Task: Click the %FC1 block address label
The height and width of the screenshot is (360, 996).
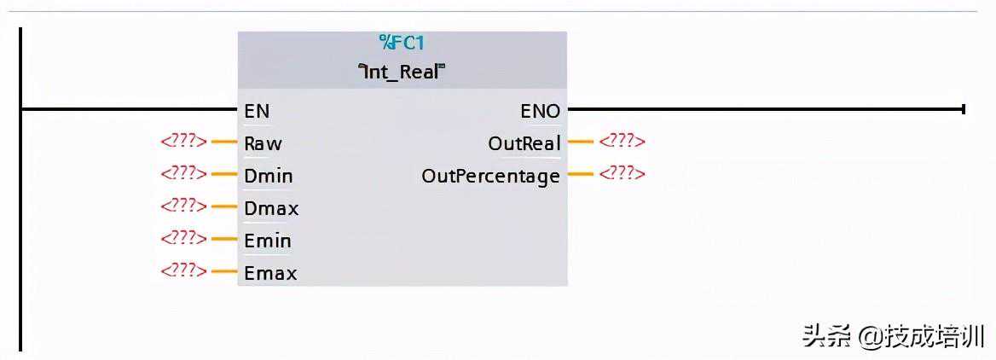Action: coord(402,44)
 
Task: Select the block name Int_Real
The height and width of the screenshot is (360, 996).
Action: coord(402,72)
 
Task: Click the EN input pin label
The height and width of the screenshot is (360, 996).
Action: coord(257,111)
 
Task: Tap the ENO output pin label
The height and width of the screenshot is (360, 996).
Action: coord(541,111)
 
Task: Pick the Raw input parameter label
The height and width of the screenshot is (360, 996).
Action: coord(263,143)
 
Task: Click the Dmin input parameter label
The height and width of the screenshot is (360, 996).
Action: coord(268,176)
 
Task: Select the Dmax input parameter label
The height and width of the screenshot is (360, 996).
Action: coord(271,208)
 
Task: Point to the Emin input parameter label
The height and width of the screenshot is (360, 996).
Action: coord(268,241)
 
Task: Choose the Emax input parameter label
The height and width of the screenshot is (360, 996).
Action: coord(270,273)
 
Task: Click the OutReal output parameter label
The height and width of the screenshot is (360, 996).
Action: coord(524,143)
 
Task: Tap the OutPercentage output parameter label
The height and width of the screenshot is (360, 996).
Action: coord(491,176)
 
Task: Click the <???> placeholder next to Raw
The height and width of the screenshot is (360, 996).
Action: coord(183,142)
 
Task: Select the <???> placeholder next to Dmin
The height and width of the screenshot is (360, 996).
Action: coord(183,174)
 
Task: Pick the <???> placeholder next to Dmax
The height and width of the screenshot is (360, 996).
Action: coord(183,206)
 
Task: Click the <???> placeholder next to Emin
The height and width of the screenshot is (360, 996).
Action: coord(183,239)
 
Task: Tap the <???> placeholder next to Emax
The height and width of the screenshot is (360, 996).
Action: coord(183,271)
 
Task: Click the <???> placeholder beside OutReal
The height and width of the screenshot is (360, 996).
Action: coord(622,142)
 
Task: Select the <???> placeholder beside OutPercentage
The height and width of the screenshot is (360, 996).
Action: coord(622,174)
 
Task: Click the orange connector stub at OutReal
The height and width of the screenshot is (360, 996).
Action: coord(580,142)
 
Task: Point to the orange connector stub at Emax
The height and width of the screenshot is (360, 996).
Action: coord(223,271)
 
